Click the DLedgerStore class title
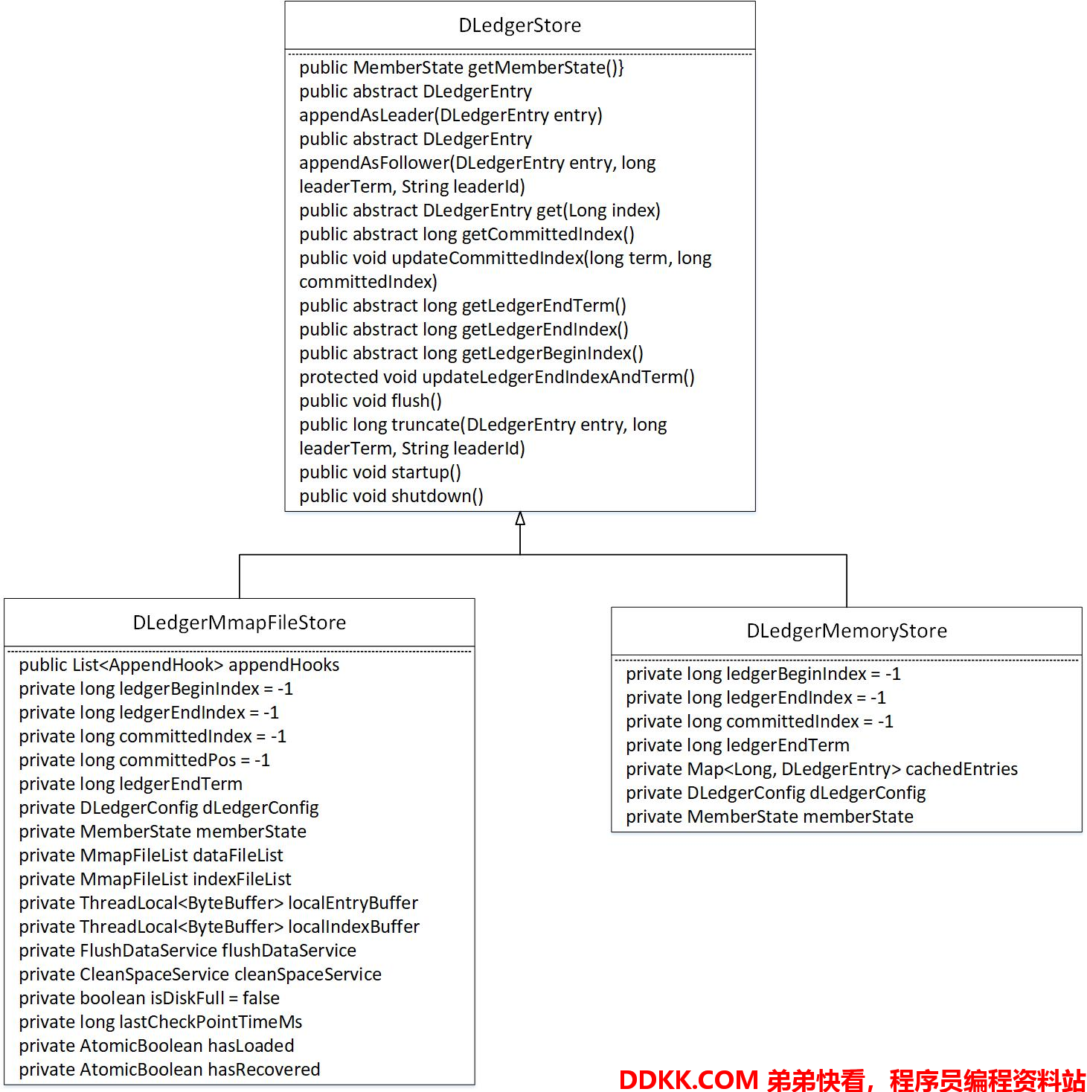point(519,25)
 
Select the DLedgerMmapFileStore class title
point(240,622)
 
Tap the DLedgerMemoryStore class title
point(846,631)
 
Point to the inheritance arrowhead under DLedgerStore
point(520,518)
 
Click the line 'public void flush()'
point(371,401)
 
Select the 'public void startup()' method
point(380,472)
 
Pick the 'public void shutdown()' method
point(391,496)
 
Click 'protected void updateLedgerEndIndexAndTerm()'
point(497,377)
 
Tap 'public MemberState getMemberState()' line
point(461,68)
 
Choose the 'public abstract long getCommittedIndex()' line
point(466,234)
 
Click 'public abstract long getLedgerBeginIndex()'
point(471,353)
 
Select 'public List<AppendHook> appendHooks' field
point(179,665)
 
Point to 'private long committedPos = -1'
point(144,760)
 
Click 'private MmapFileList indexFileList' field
point(155,879)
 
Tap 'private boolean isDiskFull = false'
point(149,998)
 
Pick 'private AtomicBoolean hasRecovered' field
point(170,1070)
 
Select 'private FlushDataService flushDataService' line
point(187,951)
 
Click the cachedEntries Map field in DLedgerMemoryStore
point(821,769)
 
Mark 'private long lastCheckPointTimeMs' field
point(161,1022)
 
